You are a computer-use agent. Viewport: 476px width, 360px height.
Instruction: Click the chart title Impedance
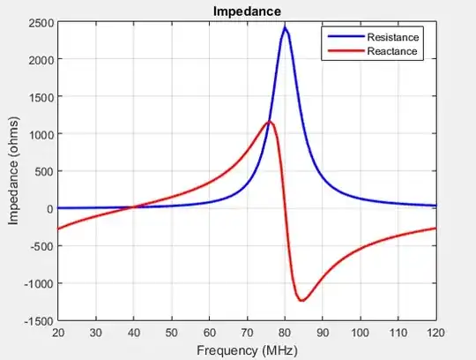[x=247, y=11]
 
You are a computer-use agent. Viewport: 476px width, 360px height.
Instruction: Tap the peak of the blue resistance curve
[x=285, y=27]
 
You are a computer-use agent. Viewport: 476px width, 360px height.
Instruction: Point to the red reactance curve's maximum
[x=270, y=122]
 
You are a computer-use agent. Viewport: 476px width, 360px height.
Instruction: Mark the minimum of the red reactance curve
[x=302, y=300]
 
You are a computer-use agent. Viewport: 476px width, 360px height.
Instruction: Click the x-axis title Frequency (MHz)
[x=247, y=350]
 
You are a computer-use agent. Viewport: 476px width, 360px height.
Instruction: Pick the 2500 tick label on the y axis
[x=40, y=22]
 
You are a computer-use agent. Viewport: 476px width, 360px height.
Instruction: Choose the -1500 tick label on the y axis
[x=37, y=321]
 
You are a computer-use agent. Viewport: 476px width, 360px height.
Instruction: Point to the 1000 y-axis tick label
[x=40, y=134]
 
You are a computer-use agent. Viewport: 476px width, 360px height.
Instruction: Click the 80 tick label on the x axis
[x=285, y=333]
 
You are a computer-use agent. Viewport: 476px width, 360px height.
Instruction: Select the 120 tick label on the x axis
[x=436, y=333]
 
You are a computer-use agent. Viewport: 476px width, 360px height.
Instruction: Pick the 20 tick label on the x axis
[x=58, y=333]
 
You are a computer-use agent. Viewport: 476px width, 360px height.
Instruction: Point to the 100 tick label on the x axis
[x=361, y=333]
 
